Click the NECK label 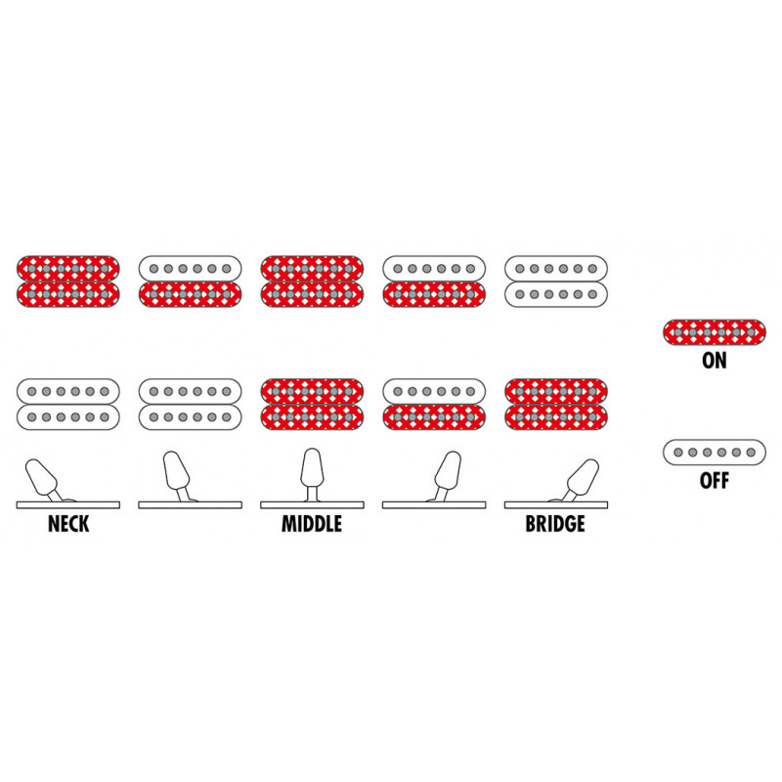pyautogui.click(x=68, y=524)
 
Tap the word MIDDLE pyautogui.click(x=312, y=524)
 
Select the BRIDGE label pyautogui.click(x=555, y=524)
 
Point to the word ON pyautogui.click(x=715, y=360)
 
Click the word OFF pyautogui.click(x=715, y=480)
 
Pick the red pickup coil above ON pyautogui.click(x=715, y=332)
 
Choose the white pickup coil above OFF pyautogui.click(x=715, y=453)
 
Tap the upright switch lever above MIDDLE pyautogui.click(x=312, y=474)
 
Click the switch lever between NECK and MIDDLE pyautogui.click(x=177, y=475)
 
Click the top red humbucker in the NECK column pyautogui.click(x=68, y=282)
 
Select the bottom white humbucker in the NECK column pyautogui.click(x=68, y=404)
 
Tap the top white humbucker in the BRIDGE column pyautogui.click(x=556, y=282)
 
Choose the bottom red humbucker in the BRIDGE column pyautogui.click(x=556, y=404)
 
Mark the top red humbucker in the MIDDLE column pyautogui.click(x=312, y=282)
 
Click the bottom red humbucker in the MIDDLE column pyautogui.click(x=312, y=404)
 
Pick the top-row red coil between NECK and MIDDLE pyautogui.click(x=190, y=294)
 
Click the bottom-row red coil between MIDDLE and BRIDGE pyautogui.click(x=434, y=417)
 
